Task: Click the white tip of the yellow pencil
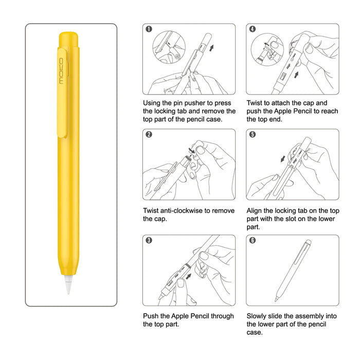(67, 285)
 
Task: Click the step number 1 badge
(149, 29)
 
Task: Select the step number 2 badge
(149, 135)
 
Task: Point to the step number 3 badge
(149, 241)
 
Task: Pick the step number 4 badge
(253, 29)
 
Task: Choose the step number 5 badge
(253, 135)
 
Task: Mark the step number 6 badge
(253, 241)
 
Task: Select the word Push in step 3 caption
(152, 316)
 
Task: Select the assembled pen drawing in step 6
(293, 269)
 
